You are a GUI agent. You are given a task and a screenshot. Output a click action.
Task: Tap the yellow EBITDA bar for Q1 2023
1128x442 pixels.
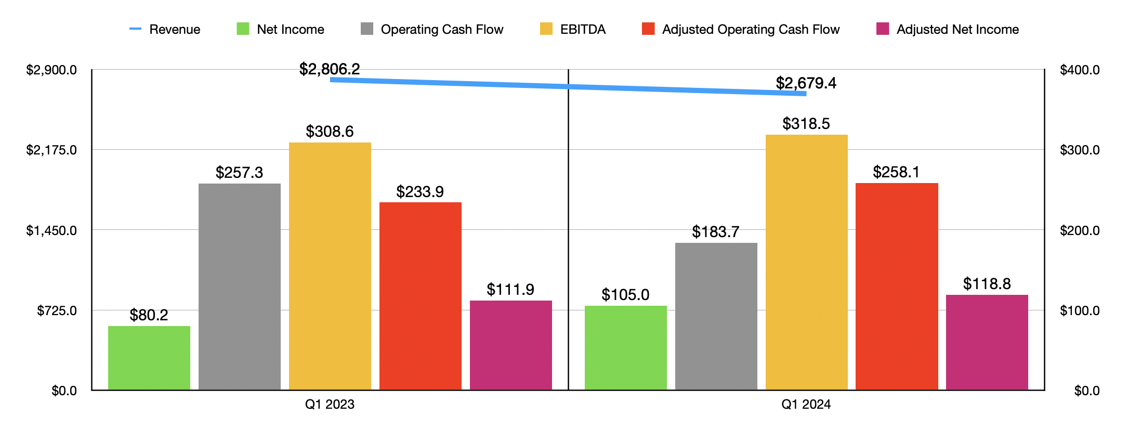[x=330, y=266]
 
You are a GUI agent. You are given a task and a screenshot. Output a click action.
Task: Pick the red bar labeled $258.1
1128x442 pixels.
[x=897, y=286]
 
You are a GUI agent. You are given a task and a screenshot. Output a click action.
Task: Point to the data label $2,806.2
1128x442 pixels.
[x=330, y=69]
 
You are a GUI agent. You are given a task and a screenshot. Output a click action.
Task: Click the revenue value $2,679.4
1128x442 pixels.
[x=806, y=83]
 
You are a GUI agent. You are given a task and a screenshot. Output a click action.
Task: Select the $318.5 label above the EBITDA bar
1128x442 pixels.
[x=806, y=124]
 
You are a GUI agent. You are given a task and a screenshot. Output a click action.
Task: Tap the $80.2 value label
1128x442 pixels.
[x=149, y=315]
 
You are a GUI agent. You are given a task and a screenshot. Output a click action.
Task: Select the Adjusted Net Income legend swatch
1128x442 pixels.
[x=882, y=29]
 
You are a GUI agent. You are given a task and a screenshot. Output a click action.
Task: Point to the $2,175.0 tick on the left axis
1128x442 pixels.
[x=51, y=150]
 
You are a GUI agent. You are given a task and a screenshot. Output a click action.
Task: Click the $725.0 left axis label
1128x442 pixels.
[x=57, y=311]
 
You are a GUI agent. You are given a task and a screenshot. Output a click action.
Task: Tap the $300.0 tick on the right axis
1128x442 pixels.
[x=1080, y=150]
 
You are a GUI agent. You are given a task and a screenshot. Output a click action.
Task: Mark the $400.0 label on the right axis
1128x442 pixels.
[x=1080, y=70]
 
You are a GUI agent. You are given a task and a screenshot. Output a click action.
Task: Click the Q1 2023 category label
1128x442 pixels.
[x=330, y=405]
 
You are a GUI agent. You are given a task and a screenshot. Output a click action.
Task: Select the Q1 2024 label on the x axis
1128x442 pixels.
[x=806, y=405]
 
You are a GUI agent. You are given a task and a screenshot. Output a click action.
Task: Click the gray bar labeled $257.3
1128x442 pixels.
[x=239, y=286]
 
